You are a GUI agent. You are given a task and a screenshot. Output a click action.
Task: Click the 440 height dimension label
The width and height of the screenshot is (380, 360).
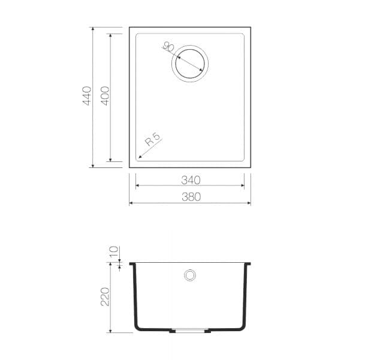click(87, 96)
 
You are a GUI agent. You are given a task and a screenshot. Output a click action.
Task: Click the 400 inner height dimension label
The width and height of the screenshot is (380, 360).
click(105, 96)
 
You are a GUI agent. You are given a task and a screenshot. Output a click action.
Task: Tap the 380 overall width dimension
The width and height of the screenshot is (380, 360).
click(190, 197)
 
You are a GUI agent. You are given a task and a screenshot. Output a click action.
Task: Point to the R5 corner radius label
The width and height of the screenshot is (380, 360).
click(153, 141)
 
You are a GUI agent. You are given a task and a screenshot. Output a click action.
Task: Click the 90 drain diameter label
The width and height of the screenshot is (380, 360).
click(168, 47)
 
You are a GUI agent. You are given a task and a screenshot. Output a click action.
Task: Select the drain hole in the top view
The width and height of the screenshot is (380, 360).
click(191, 61)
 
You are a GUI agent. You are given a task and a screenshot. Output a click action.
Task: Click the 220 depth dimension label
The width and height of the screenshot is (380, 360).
click(105, 296)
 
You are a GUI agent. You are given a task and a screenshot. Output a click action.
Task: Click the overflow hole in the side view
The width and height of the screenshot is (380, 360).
click(190, 275)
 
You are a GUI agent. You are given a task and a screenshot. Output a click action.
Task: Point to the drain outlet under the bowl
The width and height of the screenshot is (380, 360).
click(190, 330)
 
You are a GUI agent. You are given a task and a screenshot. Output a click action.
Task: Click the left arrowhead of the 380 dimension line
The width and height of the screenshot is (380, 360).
click(131, 203)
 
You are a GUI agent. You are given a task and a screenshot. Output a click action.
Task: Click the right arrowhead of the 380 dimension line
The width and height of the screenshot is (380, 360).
click(249, 203)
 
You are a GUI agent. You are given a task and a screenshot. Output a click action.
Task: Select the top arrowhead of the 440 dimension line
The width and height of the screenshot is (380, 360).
click(93, 29)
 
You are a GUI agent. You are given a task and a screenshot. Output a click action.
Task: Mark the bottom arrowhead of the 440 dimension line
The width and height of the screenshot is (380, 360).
click(93, 166)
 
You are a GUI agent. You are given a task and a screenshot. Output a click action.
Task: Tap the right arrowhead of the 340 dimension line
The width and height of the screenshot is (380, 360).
click(242, 186)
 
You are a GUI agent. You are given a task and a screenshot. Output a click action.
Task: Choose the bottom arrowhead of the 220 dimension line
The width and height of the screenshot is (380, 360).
click(111, 331)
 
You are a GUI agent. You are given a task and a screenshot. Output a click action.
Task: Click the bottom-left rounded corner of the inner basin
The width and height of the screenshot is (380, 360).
click(138, 159)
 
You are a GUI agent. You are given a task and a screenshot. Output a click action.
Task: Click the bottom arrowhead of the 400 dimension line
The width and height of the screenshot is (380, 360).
click(110, 160)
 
